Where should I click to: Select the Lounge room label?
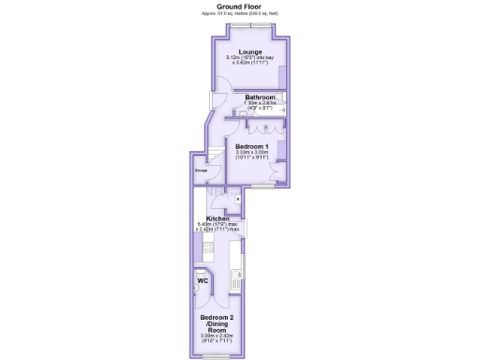pyautogui.click(x=250, y=51)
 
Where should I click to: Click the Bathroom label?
pyautogui.click(x=260, y=97)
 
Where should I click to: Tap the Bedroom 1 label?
pyautogui.click(x=252, y=147)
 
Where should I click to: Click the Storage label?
pyautogui.click(x=201, y=170)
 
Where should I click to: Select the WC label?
pyautogui.click(x=202, y=280)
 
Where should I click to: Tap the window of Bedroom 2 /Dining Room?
pyautogui.click(x=216, y=356)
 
